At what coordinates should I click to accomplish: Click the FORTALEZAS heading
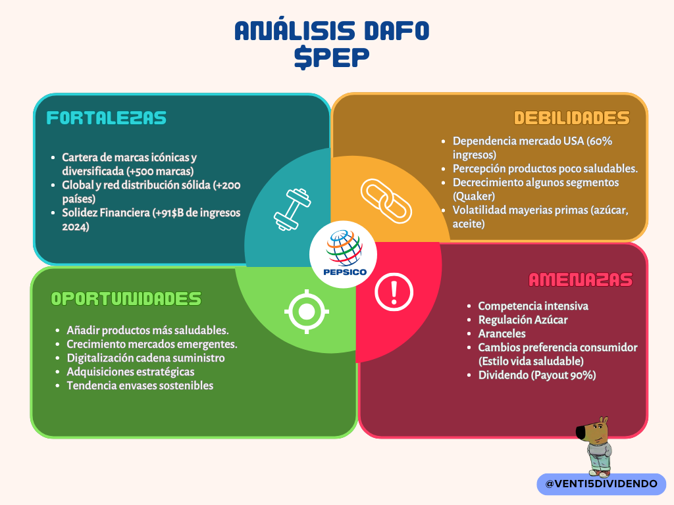[x=106, y=118]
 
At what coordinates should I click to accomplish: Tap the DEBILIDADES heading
[x=572, y=118]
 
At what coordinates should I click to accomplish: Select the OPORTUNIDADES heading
[x=126, y=299]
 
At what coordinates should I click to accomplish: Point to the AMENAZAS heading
[x=581, y=279]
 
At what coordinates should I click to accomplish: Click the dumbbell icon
[x=292, y=209]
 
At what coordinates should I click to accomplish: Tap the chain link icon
[x=386, y=201]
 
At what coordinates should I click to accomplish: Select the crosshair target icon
[x=307, y=312]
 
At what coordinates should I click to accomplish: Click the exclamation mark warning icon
[x=394, y=292]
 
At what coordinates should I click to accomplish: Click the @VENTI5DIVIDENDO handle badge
[x=602, y=484]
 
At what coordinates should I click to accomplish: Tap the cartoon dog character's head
[x=593, y=429]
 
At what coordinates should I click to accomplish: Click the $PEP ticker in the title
[x=332, y=58]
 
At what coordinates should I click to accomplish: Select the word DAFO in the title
[x=396, y=31]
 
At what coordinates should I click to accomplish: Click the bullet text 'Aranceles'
[x=502, y=333]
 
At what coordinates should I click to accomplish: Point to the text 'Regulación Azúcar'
[x=523, y=320]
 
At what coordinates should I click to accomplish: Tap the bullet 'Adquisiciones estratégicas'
[x=130, y=372]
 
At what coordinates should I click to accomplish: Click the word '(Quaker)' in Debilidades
[x=474, y=196]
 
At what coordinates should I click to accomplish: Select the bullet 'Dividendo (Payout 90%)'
[x=537, y=375]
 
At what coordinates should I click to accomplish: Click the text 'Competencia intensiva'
[x=533, y=306]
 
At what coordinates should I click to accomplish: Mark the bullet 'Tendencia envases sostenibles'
[x=140, y=385]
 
